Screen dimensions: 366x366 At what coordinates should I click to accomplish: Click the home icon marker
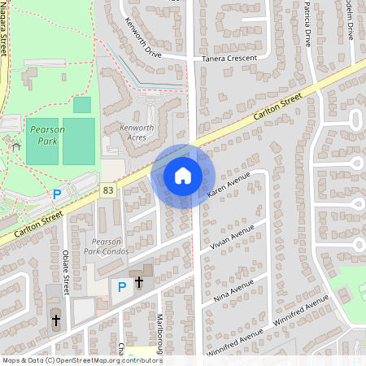tap(183, 175)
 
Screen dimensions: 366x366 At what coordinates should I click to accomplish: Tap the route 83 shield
tap(108, 190)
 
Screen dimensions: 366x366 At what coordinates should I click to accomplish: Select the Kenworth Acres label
tap(137, 133)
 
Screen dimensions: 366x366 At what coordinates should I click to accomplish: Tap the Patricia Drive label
tap(307, 24)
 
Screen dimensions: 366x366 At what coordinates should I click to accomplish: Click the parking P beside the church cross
tap(122, 286)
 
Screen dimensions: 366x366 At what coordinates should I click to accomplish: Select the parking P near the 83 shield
tap(56, 194)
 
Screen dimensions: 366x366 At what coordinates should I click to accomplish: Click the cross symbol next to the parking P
tap(139, 283)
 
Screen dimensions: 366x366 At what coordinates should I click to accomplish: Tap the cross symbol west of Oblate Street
tap(54, 320)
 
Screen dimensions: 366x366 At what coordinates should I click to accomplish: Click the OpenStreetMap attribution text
tap(82, 359)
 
